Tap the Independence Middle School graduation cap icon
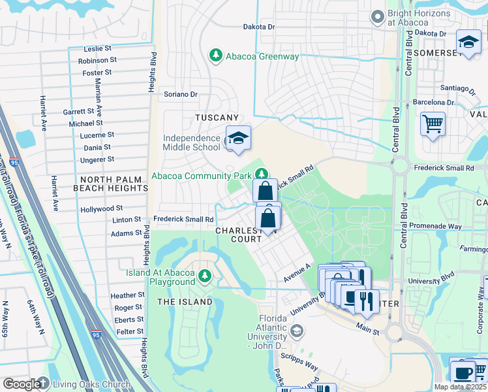pos(238,139)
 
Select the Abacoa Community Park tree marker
pos(260,174)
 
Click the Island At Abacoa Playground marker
pos(206,276)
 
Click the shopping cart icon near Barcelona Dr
pos(433,123)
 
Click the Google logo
pos(21,384)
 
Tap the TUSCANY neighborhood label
pos(217,118)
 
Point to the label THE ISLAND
pos(185,302)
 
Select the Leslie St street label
pos(99,49)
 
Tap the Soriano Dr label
pos(180,94)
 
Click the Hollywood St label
pos(101,209)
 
